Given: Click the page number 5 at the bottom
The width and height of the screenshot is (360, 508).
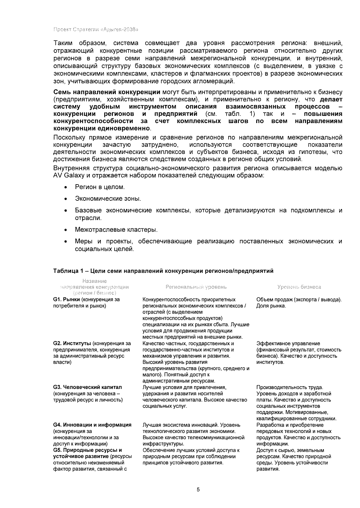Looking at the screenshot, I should (x=198, y=490).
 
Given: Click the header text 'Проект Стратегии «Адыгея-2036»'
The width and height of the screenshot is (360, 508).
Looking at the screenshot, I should (x=96, y=29).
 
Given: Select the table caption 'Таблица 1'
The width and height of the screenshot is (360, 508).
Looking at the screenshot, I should (x=66, y=271).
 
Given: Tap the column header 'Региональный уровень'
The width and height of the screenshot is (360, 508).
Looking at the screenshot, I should (x=196, y=287).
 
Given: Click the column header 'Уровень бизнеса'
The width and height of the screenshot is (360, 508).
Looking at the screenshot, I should (x=299, y=287).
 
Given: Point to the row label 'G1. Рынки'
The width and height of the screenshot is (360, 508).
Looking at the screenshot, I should (x=66, y=299).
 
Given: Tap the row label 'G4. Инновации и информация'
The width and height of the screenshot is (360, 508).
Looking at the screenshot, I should (x=92, y=425).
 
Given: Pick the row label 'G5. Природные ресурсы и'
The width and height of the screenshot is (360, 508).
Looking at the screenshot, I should (x=87, y=450).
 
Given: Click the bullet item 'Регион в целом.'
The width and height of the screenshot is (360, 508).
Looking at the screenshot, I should (x=100, y=187).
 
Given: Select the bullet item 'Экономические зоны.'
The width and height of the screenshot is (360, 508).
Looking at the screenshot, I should (x=108, y=199).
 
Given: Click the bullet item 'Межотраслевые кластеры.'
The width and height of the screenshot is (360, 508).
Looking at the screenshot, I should (x=116, y=230).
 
